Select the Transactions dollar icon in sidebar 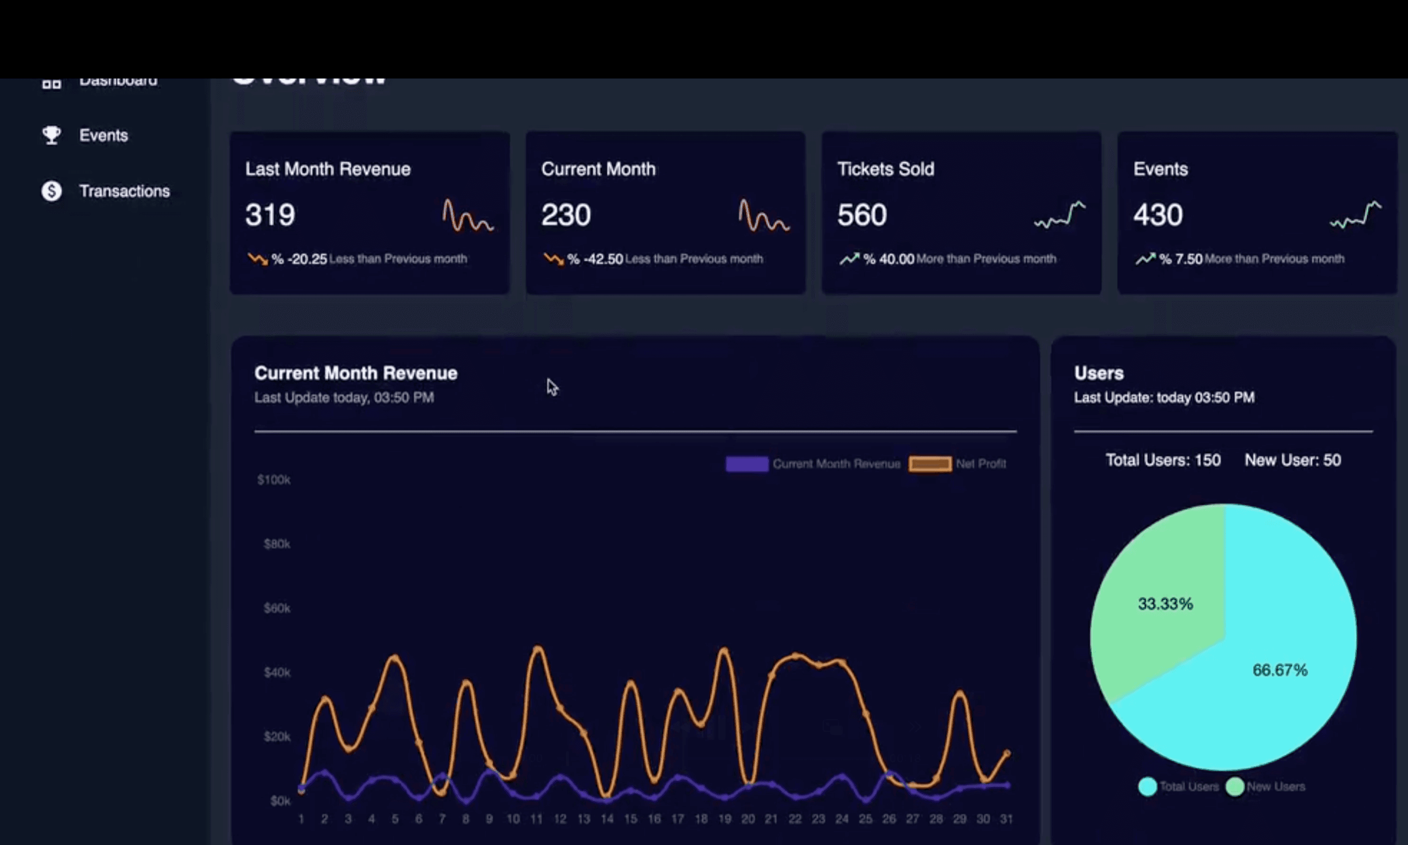(x=51, y=191)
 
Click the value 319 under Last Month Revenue (x=270, y=215)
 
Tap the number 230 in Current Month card (x=565, y=215)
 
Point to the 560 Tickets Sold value (x=862, y=215)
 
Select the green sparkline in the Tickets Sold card (x=1060, y=215)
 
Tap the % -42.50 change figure (x=595, y=260)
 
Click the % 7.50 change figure (x=1181, y=260)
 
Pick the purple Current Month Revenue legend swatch (x=747, y=464)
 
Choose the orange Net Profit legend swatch (x=929, y=464)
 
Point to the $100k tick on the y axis (x=274, y=480)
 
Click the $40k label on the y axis (x=277, y=672)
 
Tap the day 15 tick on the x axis (x=631, y=819)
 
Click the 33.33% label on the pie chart (x=1165, y=604)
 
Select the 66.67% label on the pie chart (x=1279, y=670)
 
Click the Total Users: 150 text (x=1162, y=460)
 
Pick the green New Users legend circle (x=1234, y=786)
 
